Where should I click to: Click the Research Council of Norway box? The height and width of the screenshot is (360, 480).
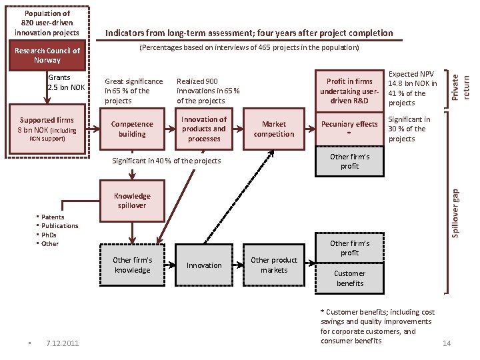[x=47, y=55]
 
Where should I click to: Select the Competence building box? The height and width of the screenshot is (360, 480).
[x=132, y=129]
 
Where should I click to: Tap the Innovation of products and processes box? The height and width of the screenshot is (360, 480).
[x=204, y=129]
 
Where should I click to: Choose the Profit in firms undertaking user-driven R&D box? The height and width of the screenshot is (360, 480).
[x=349, y=91]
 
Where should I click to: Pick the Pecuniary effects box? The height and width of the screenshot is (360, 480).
[x=349, y=129]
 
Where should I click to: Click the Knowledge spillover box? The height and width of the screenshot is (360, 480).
[x=132, y=201]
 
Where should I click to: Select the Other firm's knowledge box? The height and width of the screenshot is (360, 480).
[x=132, y=265]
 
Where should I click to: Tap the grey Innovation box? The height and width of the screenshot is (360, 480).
[x=204, y=265]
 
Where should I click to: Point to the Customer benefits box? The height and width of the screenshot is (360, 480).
[x=349, y=278]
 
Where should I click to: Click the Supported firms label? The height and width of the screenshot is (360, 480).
[x=47, y=120]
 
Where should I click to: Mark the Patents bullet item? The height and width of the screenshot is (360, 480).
[x=53, y=217]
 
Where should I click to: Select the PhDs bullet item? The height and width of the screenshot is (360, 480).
[x=49, y=235]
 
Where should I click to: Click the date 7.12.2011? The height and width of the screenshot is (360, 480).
[x=63, y=343]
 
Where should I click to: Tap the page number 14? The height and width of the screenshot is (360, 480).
[x=447, y=343]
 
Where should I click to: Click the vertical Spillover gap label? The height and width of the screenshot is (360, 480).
[x=455, y=212]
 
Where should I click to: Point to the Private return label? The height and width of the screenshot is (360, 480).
[x=461, y=87]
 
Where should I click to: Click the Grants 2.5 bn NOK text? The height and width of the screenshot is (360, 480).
[x=66, y=83]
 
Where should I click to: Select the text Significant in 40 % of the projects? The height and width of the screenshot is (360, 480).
[x=166, y=161]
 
